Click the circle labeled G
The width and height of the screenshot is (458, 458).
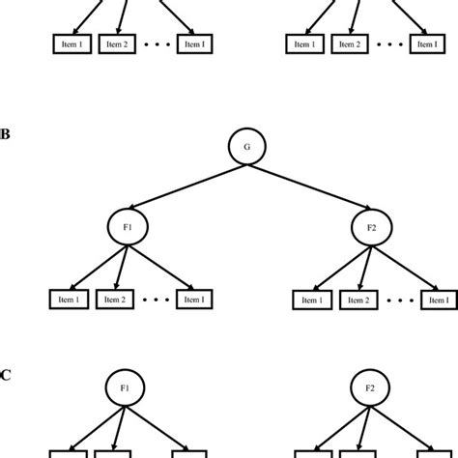(246, 148)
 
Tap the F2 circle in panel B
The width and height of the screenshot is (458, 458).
(369, 228)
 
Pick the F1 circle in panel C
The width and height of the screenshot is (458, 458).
(125, 389)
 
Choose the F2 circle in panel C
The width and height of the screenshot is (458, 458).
(369, 389)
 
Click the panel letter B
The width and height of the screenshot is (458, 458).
(5, 134)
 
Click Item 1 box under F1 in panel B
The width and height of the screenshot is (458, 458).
(71, 300)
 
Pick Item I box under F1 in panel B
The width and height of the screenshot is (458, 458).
(194, 300)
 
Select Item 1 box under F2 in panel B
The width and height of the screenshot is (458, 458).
(311, 300)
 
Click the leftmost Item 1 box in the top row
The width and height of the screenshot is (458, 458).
(71, 44)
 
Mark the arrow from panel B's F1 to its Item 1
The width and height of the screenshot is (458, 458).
(96, 267)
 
